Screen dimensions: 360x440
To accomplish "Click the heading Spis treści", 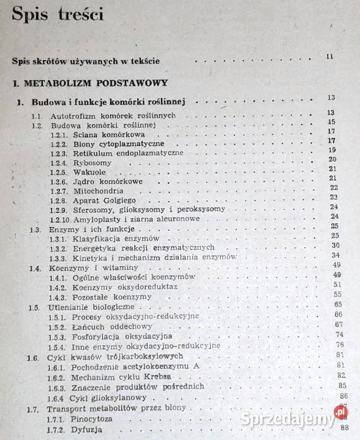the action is (x=58, y=14).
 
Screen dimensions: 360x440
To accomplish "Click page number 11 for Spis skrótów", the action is (x=330, y=57).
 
